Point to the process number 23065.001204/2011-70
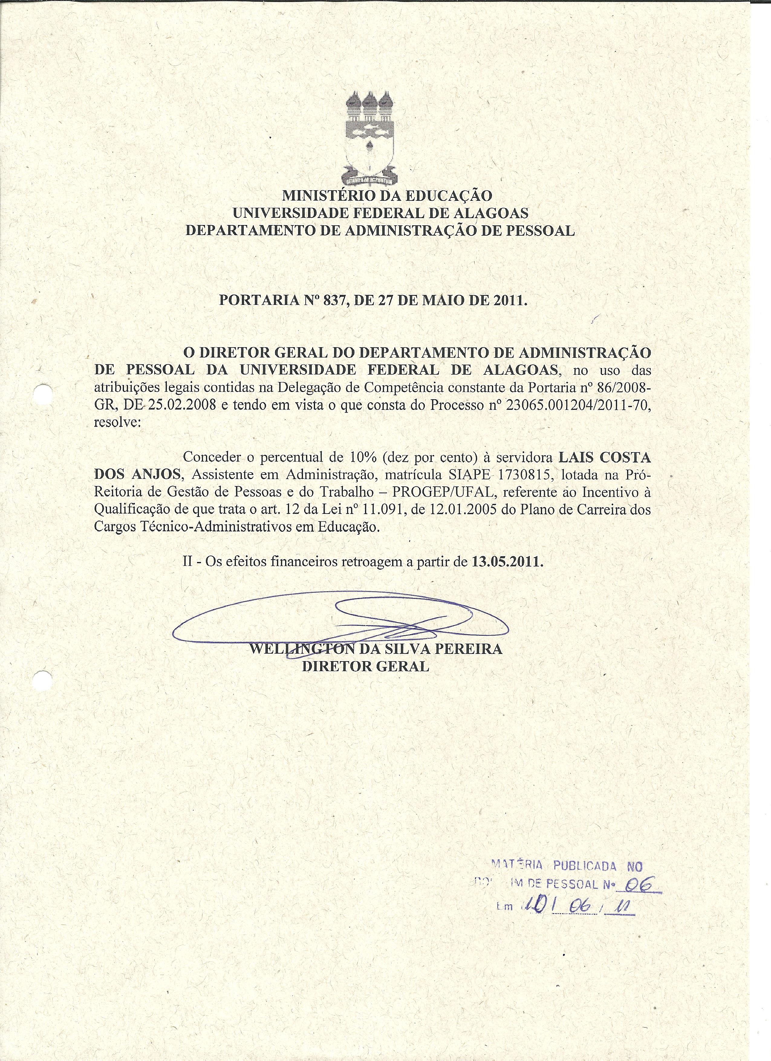coord(578,406)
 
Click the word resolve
coord(117,423)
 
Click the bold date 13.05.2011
coord(507,561)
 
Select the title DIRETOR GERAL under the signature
coord(365,666)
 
